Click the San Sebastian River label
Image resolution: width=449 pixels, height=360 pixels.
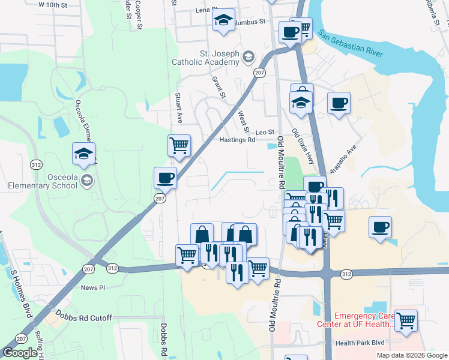(351, 44)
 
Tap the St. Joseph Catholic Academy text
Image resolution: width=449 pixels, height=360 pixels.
(206, 58)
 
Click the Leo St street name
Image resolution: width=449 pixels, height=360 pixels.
(265, 132)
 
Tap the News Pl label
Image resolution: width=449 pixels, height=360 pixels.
(93, 288)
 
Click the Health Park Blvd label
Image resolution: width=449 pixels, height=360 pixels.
(360, 343)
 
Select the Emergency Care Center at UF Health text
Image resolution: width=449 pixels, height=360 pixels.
(364, 320)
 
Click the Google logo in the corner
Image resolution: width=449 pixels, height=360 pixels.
(19, 353)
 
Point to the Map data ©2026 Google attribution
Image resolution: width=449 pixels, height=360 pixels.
(412, 355)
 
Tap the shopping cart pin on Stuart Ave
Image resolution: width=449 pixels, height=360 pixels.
(179, 146)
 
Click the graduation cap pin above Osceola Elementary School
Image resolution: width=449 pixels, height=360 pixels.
(84, 154)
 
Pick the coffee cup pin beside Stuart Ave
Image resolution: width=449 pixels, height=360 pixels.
(165, 178)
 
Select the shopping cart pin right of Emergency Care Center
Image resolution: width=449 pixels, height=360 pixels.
(406, 320)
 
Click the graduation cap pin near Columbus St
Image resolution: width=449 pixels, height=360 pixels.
(223, 20)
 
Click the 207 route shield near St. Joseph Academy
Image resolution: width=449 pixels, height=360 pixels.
(259, 73)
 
